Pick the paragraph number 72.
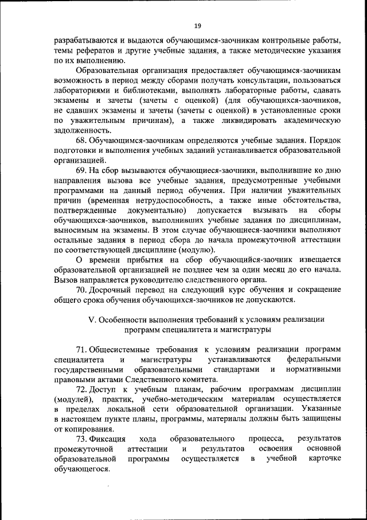coord(81,388)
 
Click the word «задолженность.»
coord(79,130)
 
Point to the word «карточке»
coord(324,459)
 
